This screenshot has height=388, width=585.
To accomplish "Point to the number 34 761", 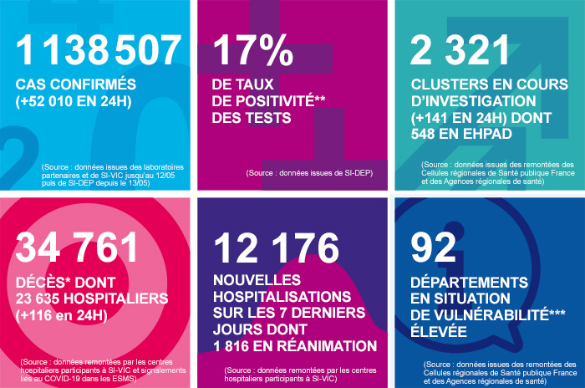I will click(77, 248).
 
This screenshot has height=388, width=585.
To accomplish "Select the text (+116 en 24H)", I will click(62, 315).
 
